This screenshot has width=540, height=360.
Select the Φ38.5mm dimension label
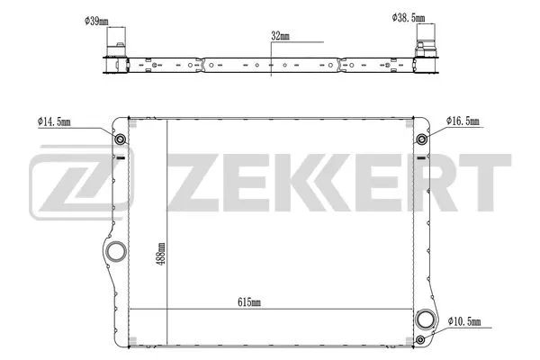point(409,16)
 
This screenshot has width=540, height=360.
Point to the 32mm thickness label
point(280,36)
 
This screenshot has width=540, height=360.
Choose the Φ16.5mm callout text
point(465,120)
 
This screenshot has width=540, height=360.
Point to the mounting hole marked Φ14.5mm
point(120,139)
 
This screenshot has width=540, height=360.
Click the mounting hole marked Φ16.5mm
point(420,139)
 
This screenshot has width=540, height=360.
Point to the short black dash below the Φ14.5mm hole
point(120,157)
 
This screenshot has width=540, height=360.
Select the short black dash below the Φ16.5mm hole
point(420,157)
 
